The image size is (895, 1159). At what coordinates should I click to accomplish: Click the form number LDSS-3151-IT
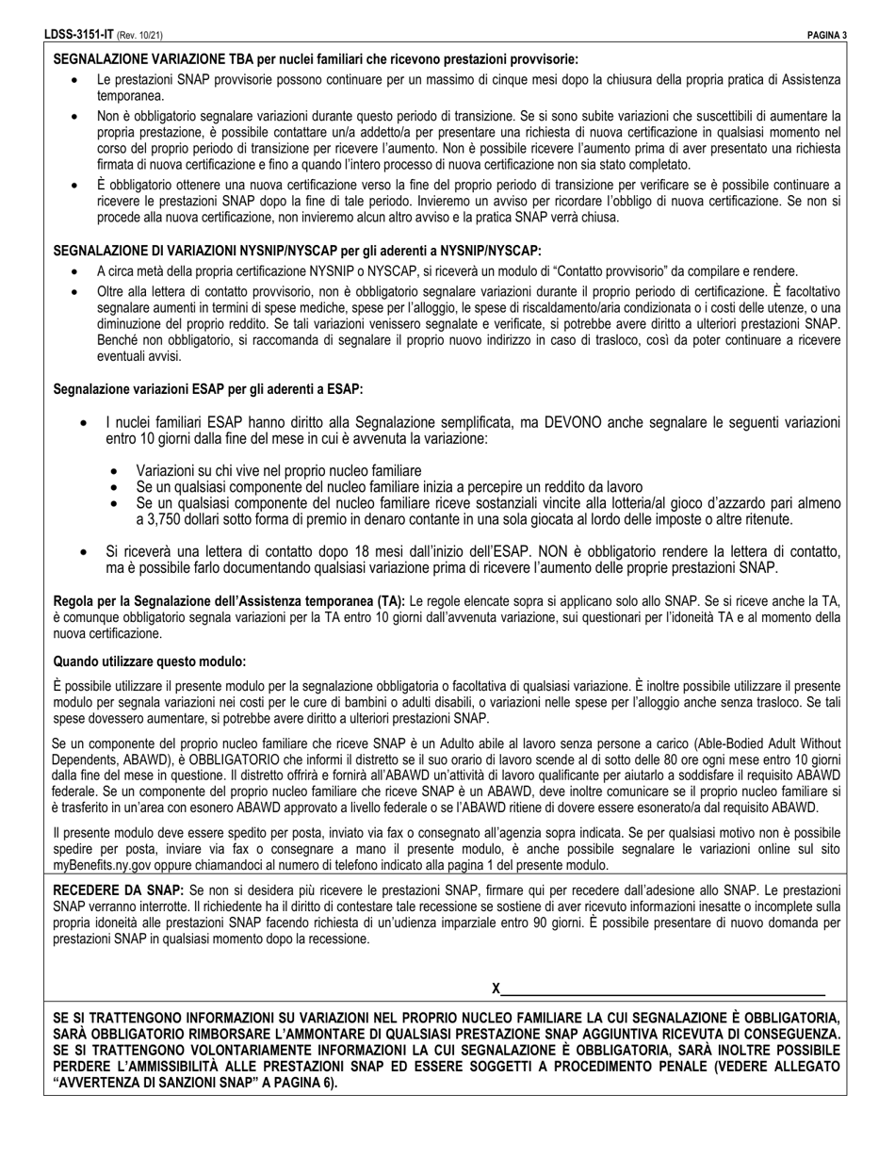tap(79, 35)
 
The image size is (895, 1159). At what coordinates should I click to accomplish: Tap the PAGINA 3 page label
tap(827, 36)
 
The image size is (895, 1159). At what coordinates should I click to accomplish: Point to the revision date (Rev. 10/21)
tap(139, 36)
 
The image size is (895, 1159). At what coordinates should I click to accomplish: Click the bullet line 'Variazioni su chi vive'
tap(278, 470)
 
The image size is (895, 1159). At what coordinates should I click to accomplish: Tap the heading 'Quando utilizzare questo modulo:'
tap(150, 661)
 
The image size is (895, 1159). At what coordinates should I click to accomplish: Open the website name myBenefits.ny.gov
tap(103, 865)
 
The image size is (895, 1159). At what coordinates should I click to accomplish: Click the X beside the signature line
tap(496, 988)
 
